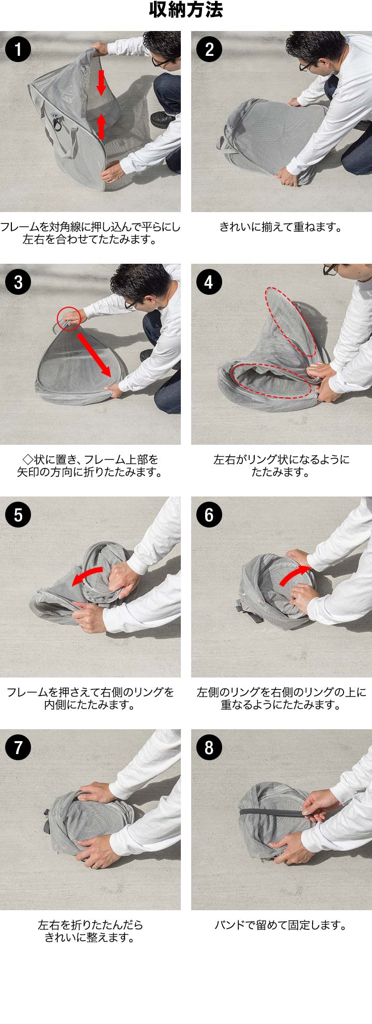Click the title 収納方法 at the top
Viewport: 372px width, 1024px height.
coord(186,10)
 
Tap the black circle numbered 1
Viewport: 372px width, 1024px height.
coord(18,49)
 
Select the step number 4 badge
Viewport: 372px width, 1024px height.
coord(209,282)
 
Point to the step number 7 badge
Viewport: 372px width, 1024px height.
coord(18,747)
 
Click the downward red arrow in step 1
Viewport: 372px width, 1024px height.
coord(101,83)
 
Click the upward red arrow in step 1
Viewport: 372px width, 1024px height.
coord(101,126)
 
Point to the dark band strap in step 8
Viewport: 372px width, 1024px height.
coord(277,812)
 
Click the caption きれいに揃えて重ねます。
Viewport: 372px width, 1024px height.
coord(281,227)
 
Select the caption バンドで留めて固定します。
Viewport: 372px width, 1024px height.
coord(281,925)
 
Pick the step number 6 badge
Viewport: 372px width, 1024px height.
coord(209,515)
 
